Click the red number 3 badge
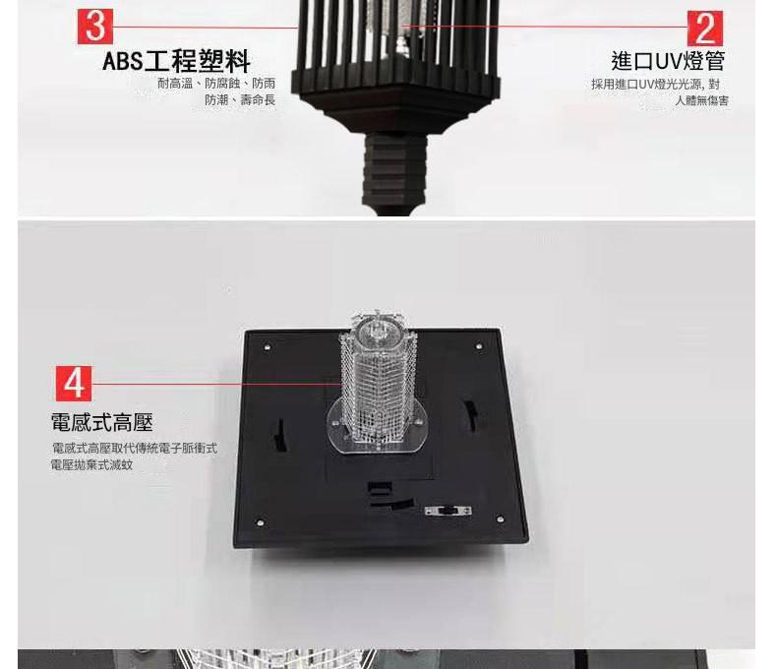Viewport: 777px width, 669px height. pyautogui.click(x=95, y=27)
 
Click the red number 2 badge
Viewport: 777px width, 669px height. pyautogui.click(x=705, y=29)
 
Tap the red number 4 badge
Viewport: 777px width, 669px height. pyautogui.click(x=74, y=384)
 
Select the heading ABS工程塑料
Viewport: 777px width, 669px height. pyautogui.click(x=176, y=61)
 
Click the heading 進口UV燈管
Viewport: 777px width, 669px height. pyautogui.click(x=668, y=61)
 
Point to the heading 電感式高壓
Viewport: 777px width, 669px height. pyautogui.click(x=102, y=422)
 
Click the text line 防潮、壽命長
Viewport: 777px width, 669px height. pyautogui.click(x=240, y=100)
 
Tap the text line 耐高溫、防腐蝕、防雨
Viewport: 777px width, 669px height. pyautogui.click(x=216, y=84)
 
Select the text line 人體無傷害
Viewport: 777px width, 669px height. pyautogui.click(x=701, y=100)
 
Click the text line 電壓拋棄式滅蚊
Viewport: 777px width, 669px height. pyautogui.click(x=92, y=464)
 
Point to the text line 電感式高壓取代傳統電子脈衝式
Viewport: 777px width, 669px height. pyautogui.click(x=135, y=449)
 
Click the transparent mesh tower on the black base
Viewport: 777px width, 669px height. pyautogui.click(x=378, y=382)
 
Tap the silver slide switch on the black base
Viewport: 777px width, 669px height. pyautogui.click(x=448, y=511)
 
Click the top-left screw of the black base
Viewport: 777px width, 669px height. pyautogui.click(x=268, y=347)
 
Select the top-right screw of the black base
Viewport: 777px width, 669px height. pyautogui.click(x=479, y=346)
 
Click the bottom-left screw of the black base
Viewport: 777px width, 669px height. pyautogui.click(x=260, y=522)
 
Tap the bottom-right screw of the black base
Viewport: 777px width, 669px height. pyautogui.click(x=500, y=518)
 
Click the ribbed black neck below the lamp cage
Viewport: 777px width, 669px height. pyautogui.click(x=394, y=171)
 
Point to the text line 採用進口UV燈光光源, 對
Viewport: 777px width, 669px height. pyautogui.click(x=655, y=85)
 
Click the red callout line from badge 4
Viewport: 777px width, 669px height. pyautogui.click(x=217, y=384)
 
